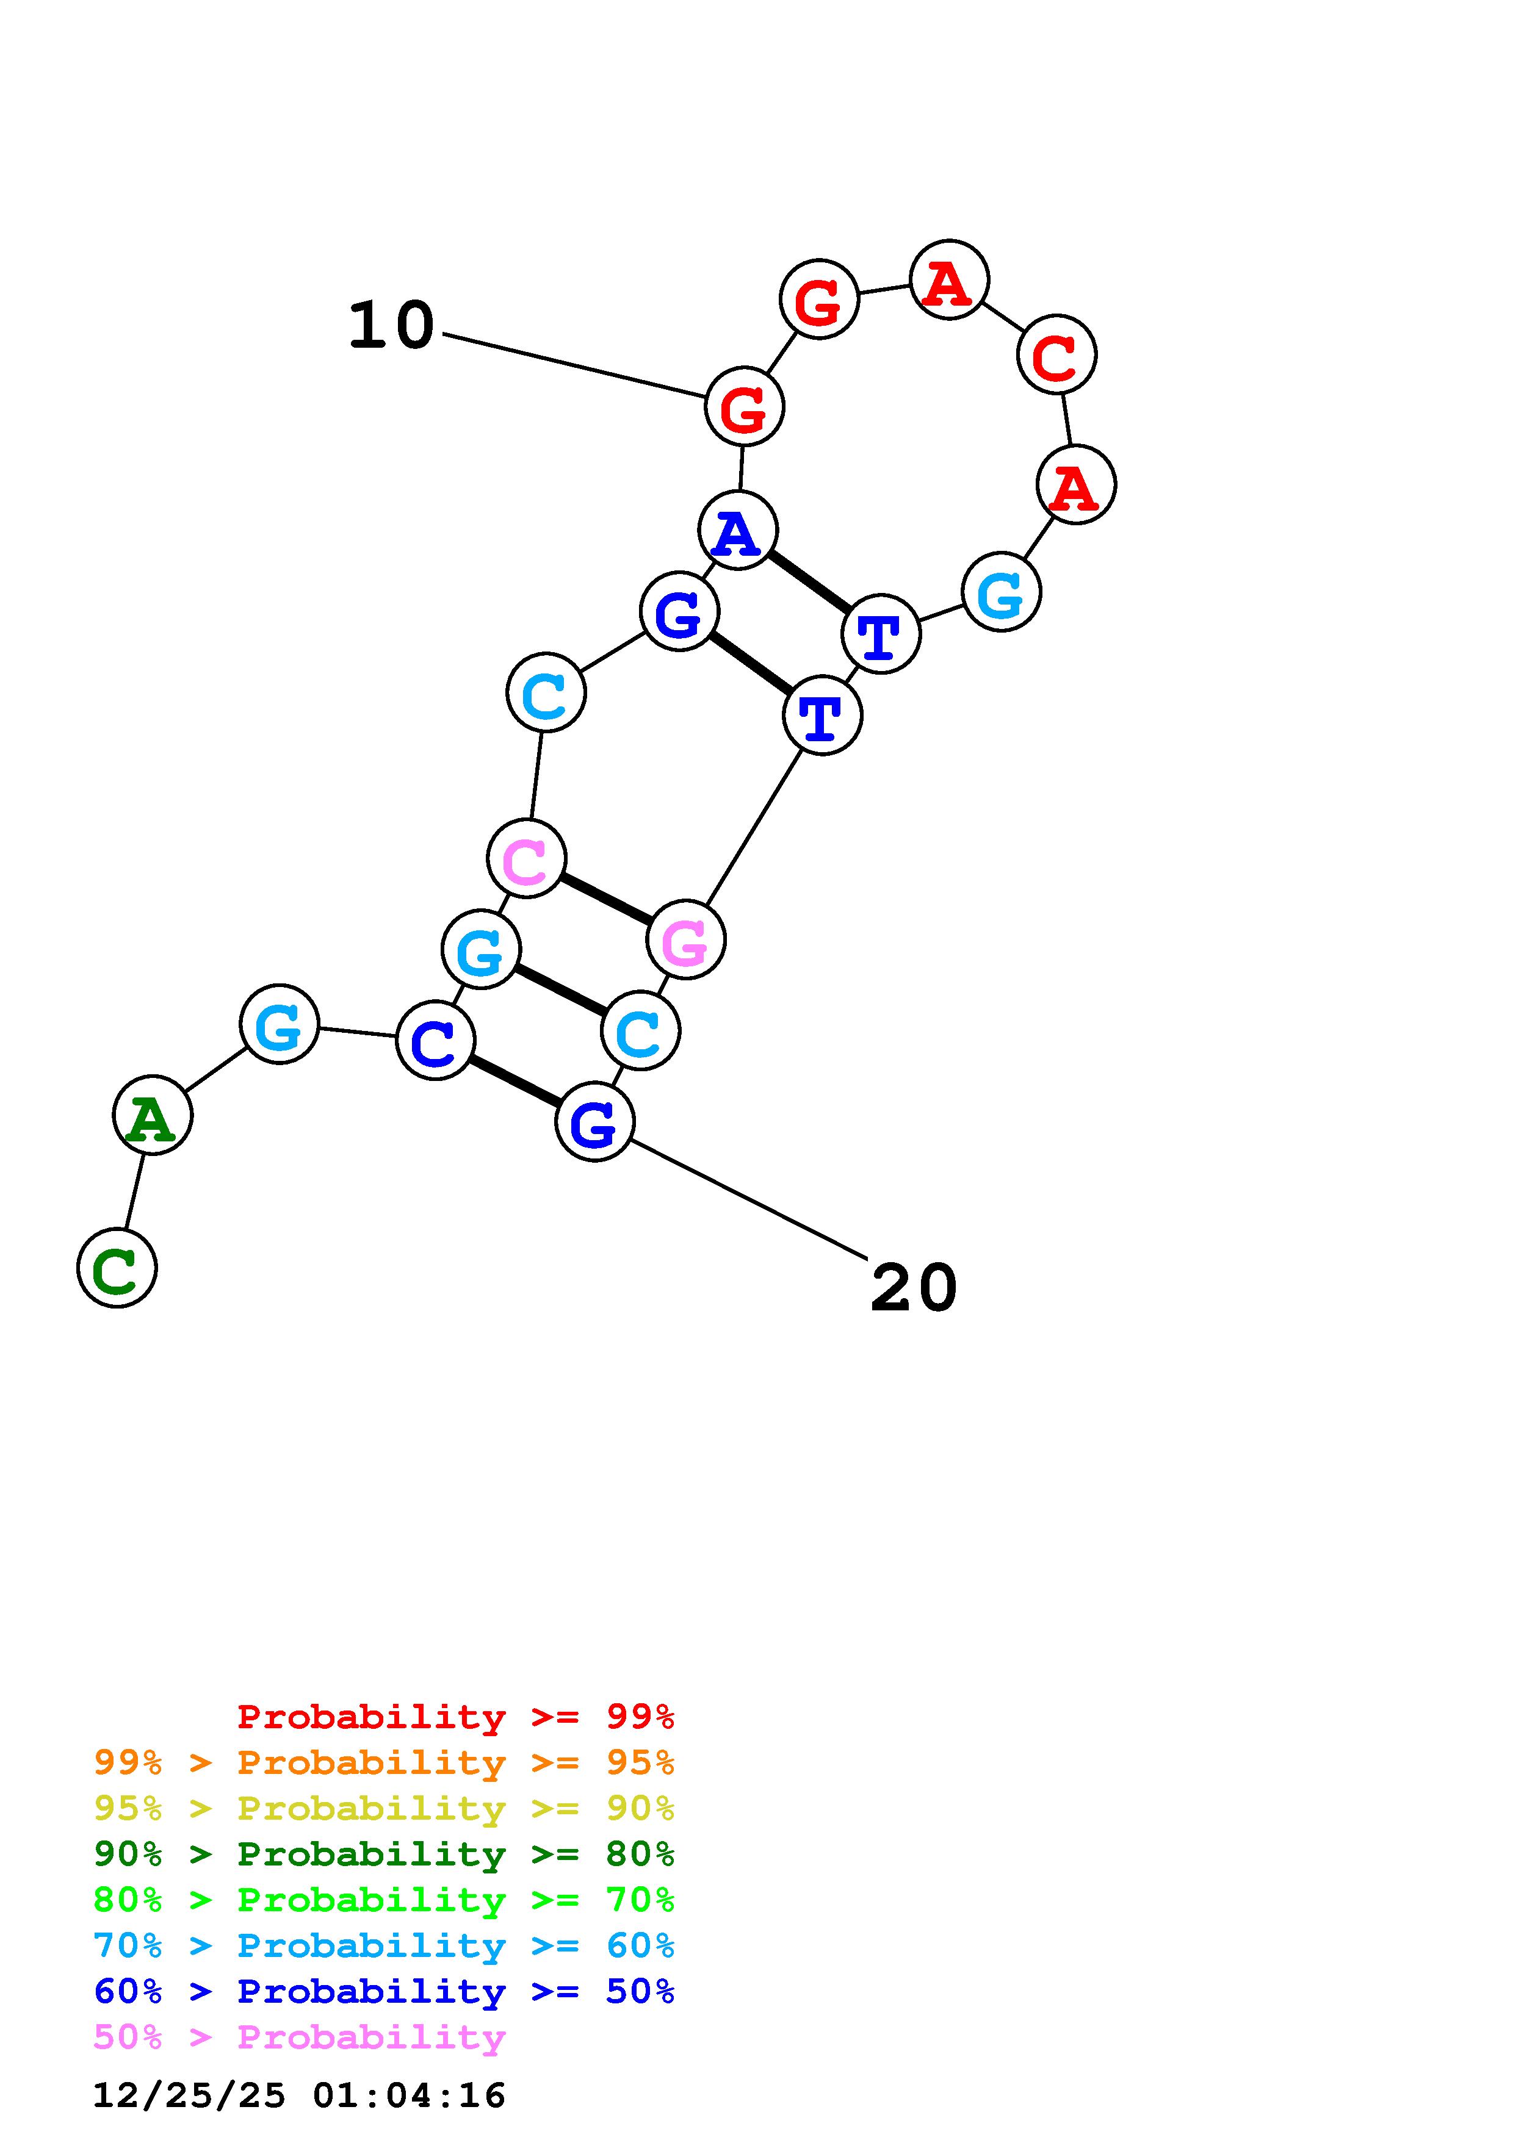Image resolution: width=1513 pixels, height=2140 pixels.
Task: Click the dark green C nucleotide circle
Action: (x=117, y=1268)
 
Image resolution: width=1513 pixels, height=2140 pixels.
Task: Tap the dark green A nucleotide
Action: (x=152, y=1115)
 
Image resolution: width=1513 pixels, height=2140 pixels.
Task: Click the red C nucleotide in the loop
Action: (x=1056, y=355)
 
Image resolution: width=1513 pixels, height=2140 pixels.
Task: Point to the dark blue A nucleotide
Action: (x=737, y=530)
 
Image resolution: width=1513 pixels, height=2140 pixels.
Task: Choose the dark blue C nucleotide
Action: (x=435, y=1040)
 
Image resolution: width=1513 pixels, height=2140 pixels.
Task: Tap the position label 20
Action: (x=914, y=1288)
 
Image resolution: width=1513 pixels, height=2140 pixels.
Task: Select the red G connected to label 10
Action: (x=744, y=406)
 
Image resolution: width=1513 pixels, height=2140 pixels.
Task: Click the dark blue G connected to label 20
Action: (x=594, y=1121)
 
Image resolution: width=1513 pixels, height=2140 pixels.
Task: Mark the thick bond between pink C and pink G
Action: (x=606, y=899)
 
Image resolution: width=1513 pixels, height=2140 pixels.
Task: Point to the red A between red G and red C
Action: (x=949, y=279)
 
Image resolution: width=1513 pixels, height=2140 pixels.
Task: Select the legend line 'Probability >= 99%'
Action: (x=456, y=1717)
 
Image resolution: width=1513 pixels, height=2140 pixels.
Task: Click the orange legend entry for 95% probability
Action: (x=384, y=1762)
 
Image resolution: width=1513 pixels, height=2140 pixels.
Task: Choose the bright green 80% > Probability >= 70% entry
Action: (x=384, y=1900)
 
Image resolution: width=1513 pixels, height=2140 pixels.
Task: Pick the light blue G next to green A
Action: (x=279, y=1024)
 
